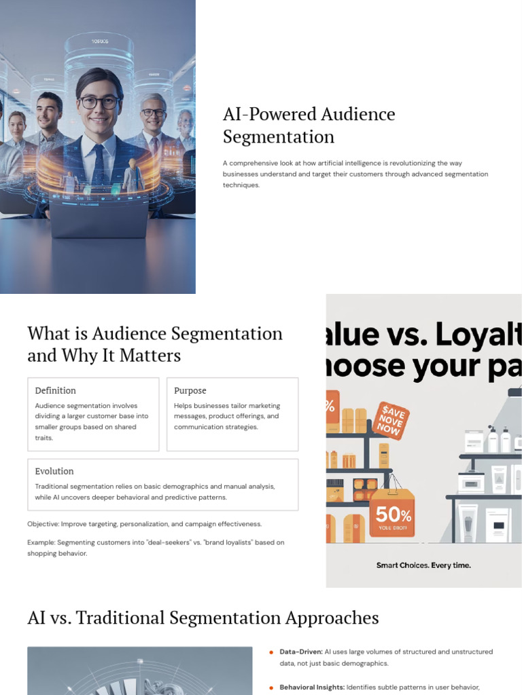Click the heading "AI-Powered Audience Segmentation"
(309, 125)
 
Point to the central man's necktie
(99, 164)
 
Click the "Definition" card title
(56, 390)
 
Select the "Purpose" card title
(190, 390)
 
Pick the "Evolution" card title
(54, 471)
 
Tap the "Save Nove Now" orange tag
(390, 419)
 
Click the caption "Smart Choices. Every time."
(423, 565)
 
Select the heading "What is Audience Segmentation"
(155, 333)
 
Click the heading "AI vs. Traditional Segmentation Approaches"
(203, 618)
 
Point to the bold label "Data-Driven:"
(301, 652)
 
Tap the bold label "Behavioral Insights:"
(312, 687)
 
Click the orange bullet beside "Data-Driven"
(272, 652)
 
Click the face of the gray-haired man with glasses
(153, 113)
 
